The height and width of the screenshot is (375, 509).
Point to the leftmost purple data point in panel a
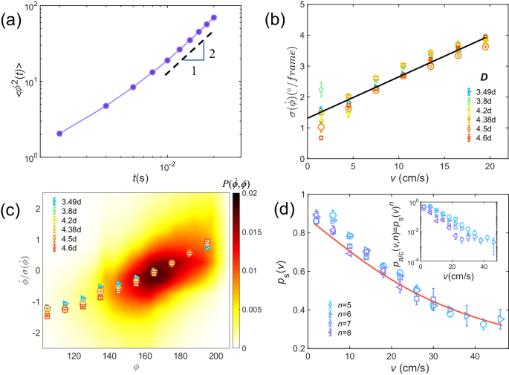tap(59, 134)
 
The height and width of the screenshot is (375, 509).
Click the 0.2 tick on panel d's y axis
tap(297, 348)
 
